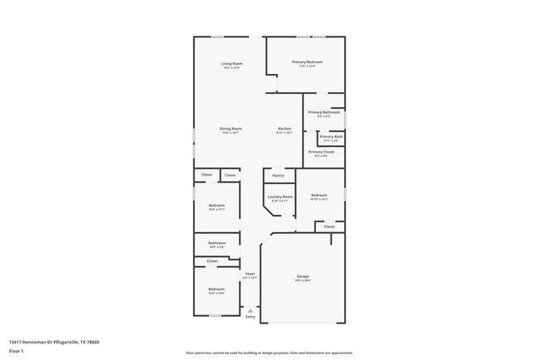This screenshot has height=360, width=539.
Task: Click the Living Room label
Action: [x=231, y=63]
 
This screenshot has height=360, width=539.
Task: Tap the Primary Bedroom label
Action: [x=307, y=62]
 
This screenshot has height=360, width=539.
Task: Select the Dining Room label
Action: [x=231, y=129]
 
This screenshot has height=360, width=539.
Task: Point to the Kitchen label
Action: [x=284, y=129]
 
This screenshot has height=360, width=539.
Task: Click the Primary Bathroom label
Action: [x=324, y=112]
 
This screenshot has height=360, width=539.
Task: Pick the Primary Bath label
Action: [x=331, y=136]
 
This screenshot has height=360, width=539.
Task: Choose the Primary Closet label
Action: [x=322, y=152]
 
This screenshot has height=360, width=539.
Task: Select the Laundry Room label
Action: [x=280, y=197]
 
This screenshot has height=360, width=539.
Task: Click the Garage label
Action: [x=303, y=275]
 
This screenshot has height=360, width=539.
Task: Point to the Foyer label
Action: [x=250, y=273]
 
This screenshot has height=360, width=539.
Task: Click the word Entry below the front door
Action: [x=250, y=317]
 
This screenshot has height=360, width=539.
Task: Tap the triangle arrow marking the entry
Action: [x=250, y=310]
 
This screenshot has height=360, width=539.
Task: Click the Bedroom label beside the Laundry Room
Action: [x=319, y=196]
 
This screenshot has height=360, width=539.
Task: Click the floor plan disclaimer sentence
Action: [x=269, y=353]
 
